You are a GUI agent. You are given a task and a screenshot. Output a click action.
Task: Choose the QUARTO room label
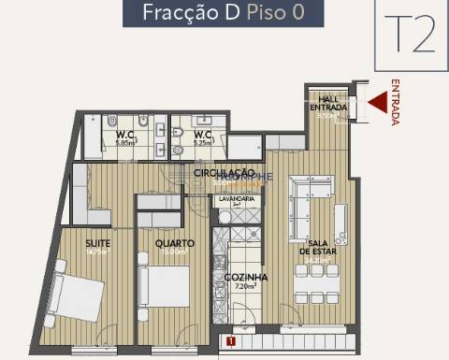tap(175, 244)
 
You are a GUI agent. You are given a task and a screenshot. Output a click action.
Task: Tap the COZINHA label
tap(246, 278)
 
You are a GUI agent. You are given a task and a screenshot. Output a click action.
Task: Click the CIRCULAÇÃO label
tap(224, 173)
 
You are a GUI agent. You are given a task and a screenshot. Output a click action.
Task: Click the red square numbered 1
tap(229, 342)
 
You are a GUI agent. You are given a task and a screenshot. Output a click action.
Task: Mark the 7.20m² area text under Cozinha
tap(246, 289)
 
